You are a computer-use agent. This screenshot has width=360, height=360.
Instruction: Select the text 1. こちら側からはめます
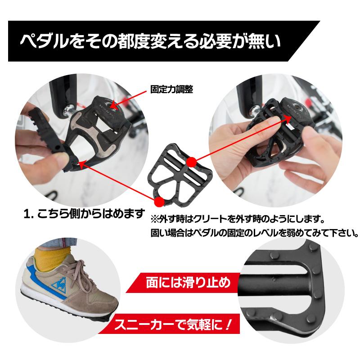85,212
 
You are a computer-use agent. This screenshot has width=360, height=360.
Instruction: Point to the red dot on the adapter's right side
191,160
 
